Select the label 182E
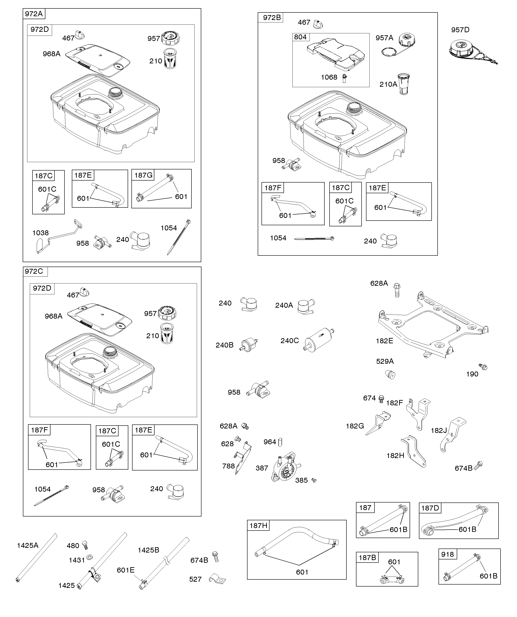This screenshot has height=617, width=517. [384, 341]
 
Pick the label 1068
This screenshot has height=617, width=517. [329, 77]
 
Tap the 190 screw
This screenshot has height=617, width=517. [483, 367]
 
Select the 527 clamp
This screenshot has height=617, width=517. [217, 579]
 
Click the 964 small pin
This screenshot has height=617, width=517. [280, 442]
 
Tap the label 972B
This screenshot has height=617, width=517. [272, 18]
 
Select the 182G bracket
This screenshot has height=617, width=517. [378, 423]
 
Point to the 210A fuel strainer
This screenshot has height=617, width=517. [403, 84]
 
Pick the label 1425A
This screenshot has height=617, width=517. [28, 545]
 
